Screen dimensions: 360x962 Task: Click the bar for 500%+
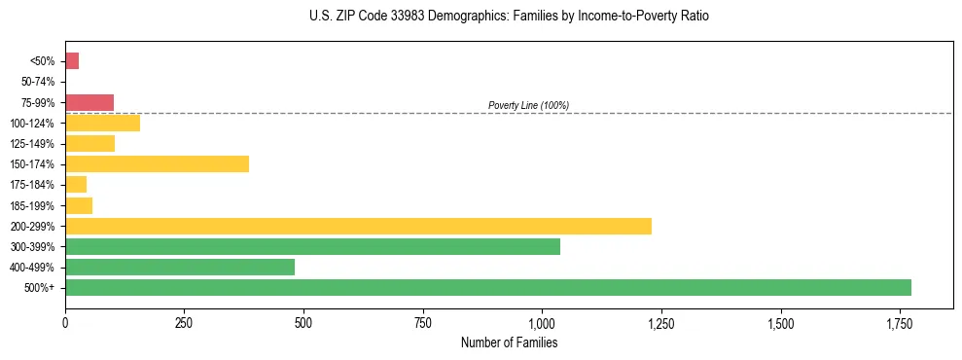pos(487,288)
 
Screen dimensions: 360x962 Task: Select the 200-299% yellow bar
pos(358,226)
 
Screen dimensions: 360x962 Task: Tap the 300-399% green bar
pos(312,246)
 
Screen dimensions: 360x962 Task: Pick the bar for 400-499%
pos(180,267)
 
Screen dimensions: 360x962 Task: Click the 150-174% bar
pos(157,163)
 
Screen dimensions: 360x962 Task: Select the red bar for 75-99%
pos(89,102)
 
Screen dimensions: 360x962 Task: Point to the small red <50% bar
pos(72,61)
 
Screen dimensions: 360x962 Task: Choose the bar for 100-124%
pos(102,123)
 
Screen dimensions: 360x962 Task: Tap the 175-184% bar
pos(76,184)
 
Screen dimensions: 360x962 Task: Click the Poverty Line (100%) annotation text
pos(528,105)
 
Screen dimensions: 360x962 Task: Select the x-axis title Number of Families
pos(509,342)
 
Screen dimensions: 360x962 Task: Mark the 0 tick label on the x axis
pos(65,322)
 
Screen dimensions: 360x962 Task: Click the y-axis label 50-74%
pos(39,82)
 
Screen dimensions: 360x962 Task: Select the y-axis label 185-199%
pos(35,205)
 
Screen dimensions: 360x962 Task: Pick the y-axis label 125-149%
pos(35,144)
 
